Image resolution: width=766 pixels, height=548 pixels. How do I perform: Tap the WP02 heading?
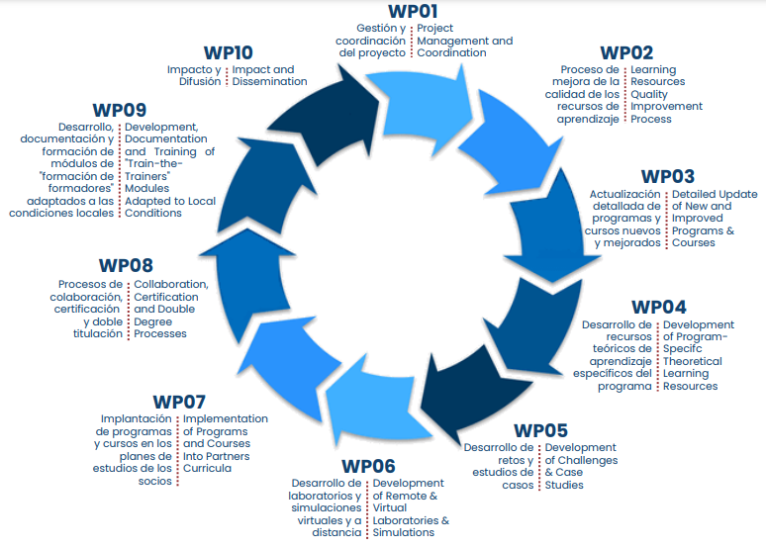click(626, 52)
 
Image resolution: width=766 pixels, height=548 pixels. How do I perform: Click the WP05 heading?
click(540, 430)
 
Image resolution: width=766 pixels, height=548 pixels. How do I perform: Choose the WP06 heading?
click(368, 466)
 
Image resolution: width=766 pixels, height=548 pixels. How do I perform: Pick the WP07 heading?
click(179, 402)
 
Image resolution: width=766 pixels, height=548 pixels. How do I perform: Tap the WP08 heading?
click(126, 266)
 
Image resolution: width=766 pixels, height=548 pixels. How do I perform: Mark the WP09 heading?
click(120, 110)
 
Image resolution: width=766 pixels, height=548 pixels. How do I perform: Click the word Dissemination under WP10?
click(269, 82)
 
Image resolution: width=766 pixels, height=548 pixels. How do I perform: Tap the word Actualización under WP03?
click(625, 194)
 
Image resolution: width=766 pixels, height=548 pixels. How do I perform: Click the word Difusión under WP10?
click(201, 82)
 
